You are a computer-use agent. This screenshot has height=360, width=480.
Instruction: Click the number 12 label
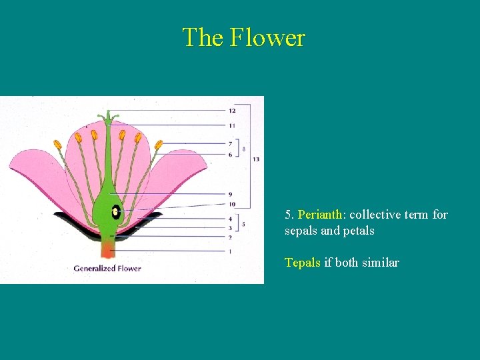click(x=231, y=111)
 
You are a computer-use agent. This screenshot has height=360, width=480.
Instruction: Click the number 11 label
click(x=231, y=125)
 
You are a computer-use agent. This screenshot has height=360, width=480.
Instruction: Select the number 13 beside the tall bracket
click(x=256, y=159)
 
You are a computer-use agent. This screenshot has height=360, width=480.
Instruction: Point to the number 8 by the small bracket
click(x=243, y=149)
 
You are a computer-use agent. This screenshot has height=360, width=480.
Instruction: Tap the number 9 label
click(x=230, y=195)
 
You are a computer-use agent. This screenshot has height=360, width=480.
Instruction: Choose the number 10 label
click(x=231, y=204)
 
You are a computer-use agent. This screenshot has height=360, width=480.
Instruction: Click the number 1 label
click(x=230, y=251)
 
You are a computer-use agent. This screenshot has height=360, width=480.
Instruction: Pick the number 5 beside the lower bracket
click(x=243, y=225)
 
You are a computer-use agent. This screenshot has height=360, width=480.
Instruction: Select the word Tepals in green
click(x=303, y=263)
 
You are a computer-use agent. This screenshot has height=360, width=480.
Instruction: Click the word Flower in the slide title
click(x=267, y=37)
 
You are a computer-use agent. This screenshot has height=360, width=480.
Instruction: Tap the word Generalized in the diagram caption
click(x=95, y=269)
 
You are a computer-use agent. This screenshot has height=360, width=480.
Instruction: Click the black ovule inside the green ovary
click(x=116, y=212)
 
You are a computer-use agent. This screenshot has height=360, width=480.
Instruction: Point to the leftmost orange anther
click(x=58, y=144)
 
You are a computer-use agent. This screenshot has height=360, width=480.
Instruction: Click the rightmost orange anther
click(x=159, y=144)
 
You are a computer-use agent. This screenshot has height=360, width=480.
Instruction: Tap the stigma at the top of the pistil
click(x=108, y=117)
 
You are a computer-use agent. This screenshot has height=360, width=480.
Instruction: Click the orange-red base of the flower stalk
click(x=107, y=250)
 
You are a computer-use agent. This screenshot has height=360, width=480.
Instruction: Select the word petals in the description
click(x=359, y=231)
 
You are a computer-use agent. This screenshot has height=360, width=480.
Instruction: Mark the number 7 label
click(x=230, y=143)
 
